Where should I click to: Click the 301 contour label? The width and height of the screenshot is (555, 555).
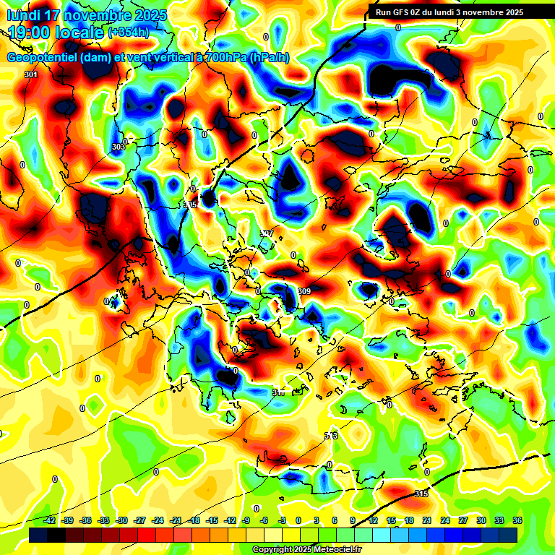pyautogui.click(x=30, y=74)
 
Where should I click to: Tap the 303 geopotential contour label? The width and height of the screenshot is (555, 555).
pyautogui.click(x=119, y=147)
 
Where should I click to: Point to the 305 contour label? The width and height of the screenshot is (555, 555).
pyautogui.click(x=190, y=205)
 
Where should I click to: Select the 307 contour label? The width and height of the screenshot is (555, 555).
pyautogui.click(x=267, y=233)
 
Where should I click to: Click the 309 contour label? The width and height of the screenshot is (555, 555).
pyautogui.click(x=304, y=291)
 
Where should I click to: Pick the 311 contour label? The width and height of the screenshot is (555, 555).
pyautogui.click(x=278, y=392)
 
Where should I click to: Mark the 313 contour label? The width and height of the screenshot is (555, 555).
pyautogui.click(x=331, y=436)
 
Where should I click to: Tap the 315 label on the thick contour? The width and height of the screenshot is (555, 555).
pyautogui.click(x=421, y=494)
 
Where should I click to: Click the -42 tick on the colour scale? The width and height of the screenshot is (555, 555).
pyautogui.click(x=50, y=520)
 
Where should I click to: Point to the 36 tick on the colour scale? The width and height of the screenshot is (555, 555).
pyautogui.click(x=517, y=520)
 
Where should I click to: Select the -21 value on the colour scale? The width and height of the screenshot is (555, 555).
pyautogui.click(x=176, y=520)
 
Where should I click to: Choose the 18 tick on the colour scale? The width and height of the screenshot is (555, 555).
pyautogui.click(x=409, y=520)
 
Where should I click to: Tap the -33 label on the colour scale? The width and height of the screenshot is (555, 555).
pyautogui.click(x=103, y=520)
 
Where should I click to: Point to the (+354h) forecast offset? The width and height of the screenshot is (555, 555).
pyautogui.click(x=129, y=33)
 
